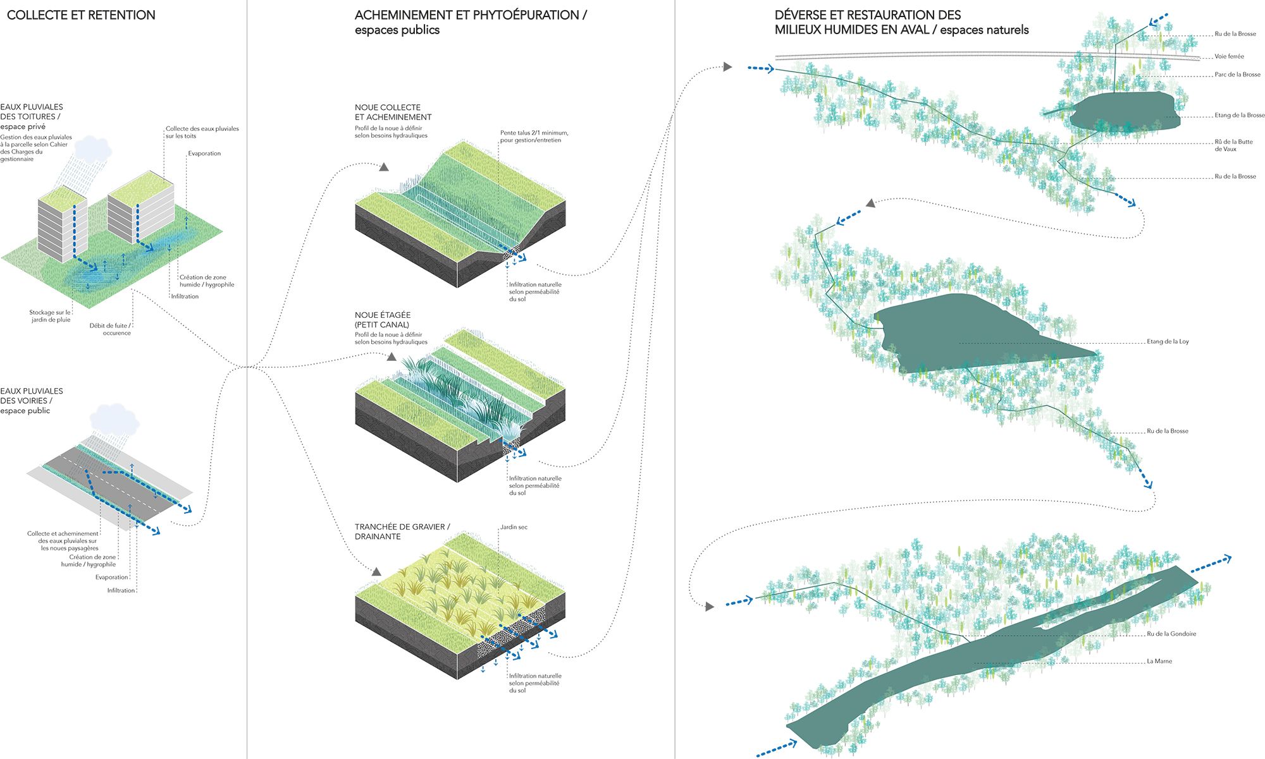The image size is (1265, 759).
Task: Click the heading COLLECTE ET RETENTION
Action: tap(81, 15)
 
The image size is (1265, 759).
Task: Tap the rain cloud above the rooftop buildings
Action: tap(93, 149)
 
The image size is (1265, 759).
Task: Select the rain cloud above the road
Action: tap(114, 418)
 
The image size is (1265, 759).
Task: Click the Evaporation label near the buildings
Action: tap(204, 154)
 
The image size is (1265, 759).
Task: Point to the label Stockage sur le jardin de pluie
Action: tap(50, 316)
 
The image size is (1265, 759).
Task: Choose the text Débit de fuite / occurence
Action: tap(111, 329)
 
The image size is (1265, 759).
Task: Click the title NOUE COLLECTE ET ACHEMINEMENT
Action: tap(393, 112)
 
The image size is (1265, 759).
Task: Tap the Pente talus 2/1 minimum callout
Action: tap(534, 137)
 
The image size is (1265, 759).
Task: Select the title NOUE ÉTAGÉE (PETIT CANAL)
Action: tap(383, 320)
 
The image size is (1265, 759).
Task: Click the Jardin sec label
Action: tap(514, 527)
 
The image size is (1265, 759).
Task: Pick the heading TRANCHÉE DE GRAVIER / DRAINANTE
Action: tap(402, 531)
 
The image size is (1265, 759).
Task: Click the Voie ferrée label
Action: tap(1229, 56)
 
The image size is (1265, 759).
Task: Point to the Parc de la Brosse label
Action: tap(1237, 75)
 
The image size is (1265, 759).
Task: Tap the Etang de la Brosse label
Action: tap(1239, 116)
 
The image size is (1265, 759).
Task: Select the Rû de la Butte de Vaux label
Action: tap(1233, 145)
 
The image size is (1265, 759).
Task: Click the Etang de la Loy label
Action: tap(1168, 342)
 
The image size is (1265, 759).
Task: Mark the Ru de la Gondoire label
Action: tap(1171, 634)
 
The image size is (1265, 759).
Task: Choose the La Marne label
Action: tap(1159, 662)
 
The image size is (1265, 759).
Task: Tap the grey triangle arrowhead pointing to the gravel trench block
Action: tap(376, 572)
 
